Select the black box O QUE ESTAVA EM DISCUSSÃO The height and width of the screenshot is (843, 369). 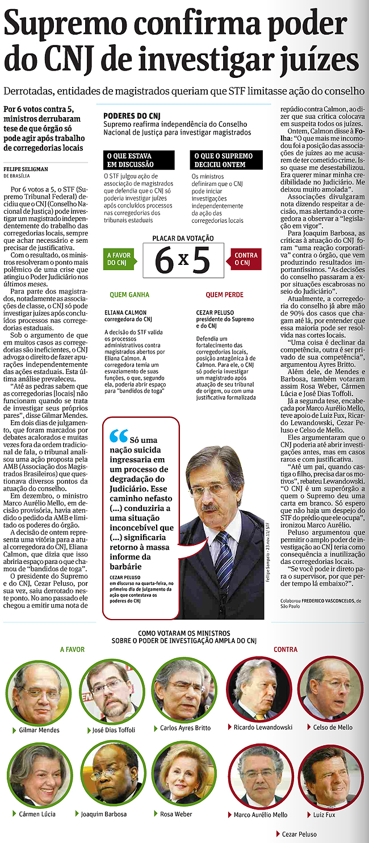[131, 159]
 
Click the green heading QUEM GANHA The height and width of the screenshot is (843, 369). [130, 295]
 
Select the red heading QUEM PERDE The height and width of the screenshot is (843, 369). [224, 295]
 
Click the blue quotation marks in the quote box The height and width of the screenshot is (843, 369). [119, 435]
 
